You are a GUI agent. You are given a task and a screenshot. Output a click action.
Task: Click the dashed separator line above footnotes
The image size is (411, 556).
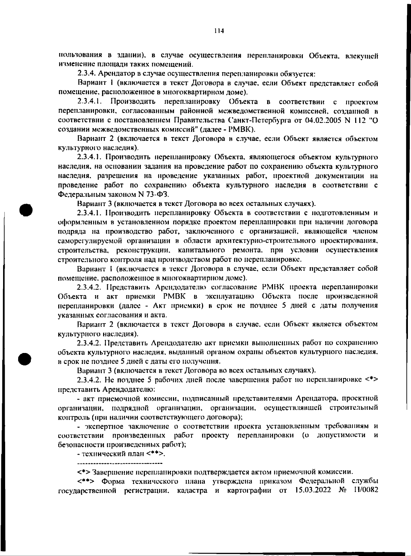pos(120,464)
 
